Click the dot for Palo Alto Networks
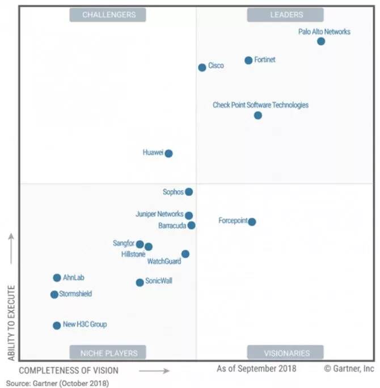click(321, 41)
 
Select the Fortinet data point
click(248, 60)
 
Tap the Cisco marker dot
click(202, 68)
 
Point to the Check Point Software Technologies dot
click(258, 115)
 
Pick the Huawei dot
click(168, 153)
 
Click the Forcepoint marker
click(252, 222)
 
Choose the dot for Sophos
click(189, 192)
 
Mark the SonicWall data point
click(140, 282)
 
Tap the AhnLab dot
click(57, 278)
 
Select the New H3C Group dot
click(57, 326)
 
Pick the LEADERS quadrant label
click(285, 15)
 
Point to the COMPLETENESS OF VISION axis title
click(69, 370)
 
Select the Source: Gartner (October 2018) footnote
click(57, 383)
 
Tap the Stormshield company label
click(75, 294)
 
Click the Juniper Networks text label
click(159, 214)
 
